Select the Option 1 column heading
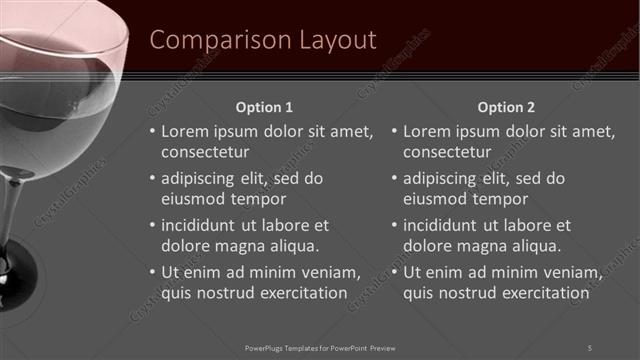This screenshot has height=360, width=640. (x=264, y=107)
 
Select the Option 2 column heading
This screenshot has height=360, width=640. (x=506, y=107)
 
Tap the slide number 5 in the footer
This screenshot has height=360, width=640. (x=589, y=347)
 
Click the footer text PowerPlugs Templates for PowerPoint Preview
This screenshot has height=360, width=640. (x=320, y=347)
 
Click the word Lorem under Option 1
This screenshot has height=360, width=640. (x=184, y=131)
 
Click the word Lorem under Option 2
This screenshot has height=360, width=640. (x=427, y=131)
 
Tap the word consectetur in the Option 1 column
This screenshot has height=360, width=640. (x=205, y=152)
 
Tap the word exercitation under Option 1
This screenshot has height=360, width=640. (x=301, y=293)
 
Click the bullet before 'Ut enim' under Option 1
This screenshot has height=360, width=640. (x=151, y=272)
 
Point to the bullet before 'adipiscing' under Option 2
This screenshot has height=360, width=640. (x=394, y=178)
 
